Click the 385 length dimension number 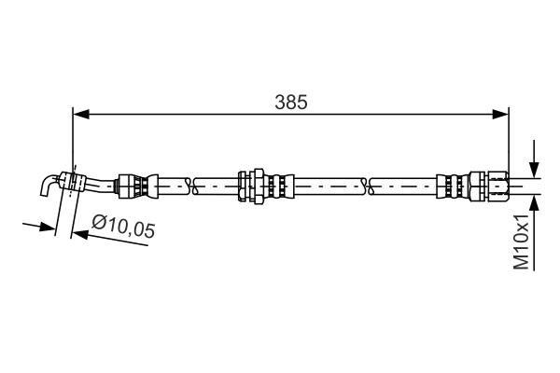pyautogui.click(x=290, y=103)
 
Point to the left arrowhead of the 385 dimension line pyautogui.click(x=80, y=114)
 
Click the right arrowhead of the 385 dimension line pyautogui.click(x=500, y=114)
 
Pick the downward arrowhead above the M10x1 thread pyautogui.click(x=534, y=169)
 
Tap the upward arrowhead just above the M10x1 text pyautogui.click(x=534, y=204)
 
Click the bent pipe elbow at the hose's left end pyautogui.click(x=49, y=185)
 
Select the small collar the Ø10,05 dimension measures pyautogui.click(x=72, y=182)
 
